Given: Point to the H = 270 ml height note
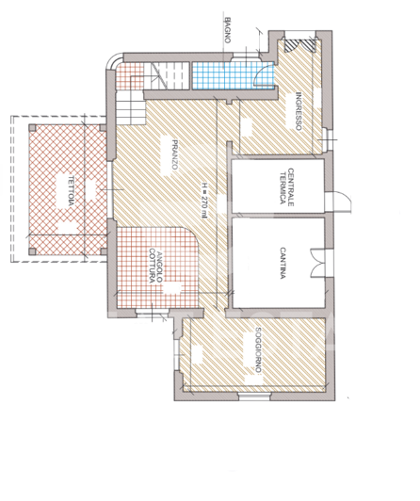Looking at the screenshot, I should coord(202,197).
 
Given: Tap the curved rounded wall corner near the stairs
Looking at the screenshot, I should coord(111,63).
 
